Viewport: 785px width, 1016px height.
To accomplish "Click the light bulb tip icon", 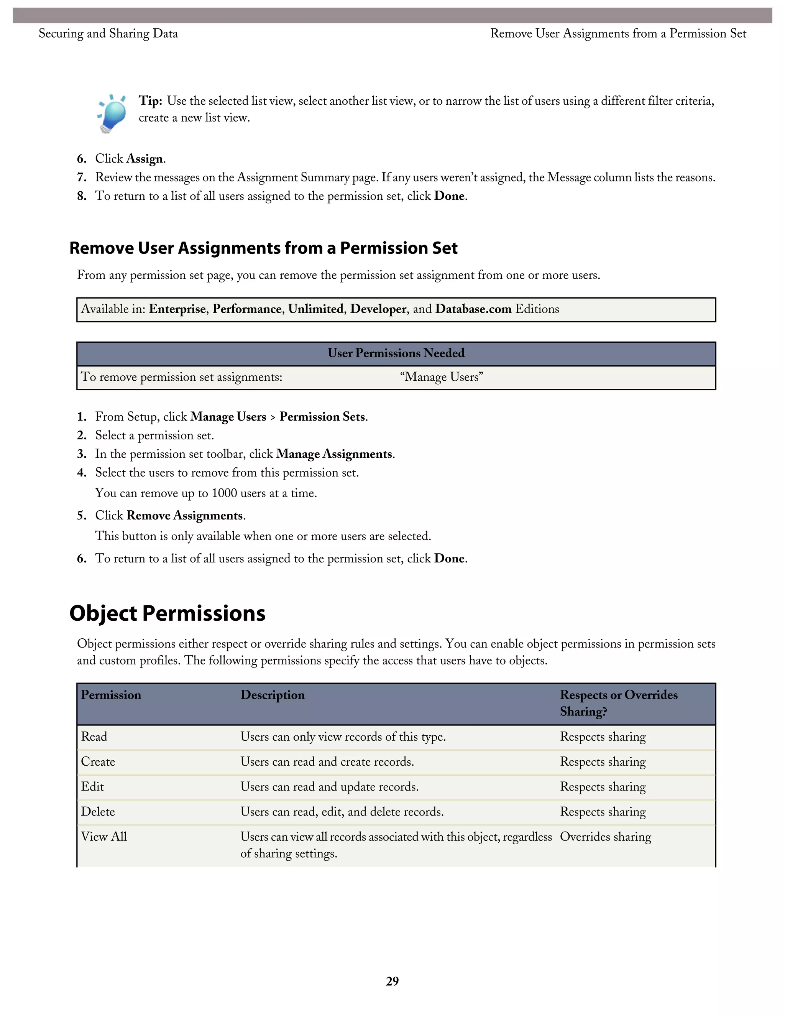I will click(x=112, y=113).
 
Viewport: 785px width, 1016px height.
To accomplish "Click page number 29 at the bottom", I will click(x=392, y=981).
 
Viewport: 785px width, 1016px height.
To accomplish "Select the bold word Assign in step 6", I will click(x=145, y=159).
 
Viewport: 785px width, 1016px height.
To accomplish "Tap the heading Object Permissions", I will click(x=168, y=613).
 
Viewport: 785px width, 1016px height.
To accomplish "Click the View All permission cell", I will click(x=104, y=837).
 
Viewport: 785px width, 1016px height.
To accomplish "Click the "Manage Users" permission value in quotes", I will click(x=441, y=377).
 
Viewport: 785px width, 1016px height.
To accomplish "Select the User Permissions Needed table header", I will click(x=396, y=353).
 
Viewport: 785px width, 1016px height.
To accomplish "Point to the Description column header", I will click(x=273, y=695).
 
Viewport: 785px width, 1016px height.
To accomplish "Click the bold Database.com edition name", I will click(x=473, y=309).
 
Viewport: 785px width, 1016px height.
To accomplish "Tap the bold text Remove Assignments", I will click(x=185, y=515).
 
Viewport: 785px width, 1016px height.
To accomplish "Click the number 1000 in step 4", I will click(x=224, y=493).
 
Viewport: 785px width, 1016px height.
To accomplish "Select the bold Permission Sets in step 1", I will click(x=322, y=417).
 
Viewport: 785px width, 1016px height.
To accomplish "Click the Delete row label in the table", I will click(x=98, y=812).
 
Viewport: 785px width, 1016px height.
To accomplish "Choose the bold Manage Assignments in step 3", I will click(x=334, y=454).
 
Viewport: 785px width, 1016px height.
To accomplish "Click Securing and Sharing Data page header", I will click(x=108, y=33).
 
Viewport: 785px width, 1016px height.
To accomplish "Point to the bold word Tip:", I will click(x=150, y=101).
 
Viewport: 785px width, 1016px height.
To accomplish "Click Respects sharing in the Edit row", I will click(x=603, y=787).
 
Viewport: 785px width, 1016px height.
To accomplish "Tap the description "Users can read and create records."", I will click(x=327, y=761).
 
